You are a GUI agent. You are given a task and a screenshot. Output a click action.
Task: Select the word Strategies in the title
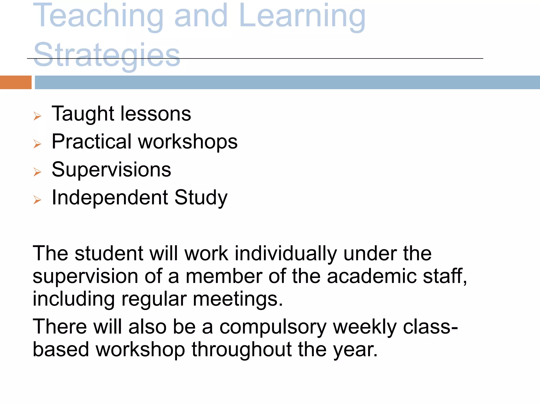click(107, 55)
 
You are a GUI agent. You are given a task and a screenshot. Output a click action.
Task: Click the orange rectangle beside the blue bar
click(16, 82)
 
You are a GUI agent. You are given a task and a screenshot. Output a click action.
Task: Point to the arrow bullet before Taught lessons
click(37, 116)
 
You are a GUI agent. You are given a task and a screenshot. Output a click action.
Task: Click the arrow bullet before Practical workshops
click(37, 144)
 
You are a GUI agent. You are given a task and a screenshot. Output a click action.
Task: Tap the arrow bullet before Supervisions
click(37, 172)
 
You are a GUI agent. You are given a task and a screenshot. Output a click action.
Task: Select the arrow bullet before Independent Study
click(37, 200)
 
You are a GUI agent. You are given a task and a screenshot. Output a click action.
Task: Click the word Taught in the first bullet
click(83, 114)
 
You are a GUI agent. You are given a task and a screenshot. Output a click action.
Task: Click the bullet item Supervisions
click(111, 170)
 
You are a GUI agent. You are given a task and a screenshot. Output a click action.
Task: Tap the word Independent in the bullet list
click(110, 198)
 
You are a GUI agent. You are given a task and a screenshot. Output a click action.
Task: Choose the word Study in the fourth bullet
click(201, 198)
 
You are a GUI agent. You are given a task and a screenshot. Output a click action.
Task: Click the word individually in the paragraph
click(286, 254)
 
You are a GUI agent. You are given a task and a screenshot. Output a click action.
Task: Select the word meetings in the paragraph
click(238, 299)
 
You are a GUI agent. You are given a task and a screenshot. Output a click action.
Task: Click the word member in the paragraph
click(224, 276)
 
